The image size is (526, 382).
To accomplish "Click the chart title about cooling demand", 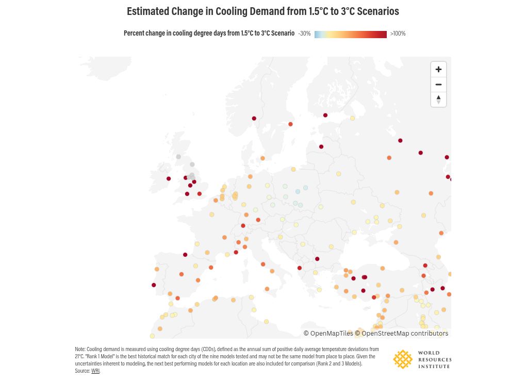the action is (x=262, y=11).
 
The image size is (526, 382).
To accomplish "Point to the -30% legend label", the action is (x=304, y=34).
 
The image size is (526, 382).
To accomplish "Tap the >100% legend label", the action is (x=398, y=34).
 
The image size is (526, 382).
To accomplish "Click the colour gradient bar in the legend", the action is (x=351, y=34).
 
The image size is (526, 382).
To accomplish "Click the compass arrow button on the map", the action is (x=438, y=99).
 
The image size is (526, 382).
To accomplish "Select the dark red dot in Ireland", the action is (x=169, y=179).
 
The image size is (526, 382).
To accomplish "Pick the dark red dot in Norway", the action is (x=254, y=119).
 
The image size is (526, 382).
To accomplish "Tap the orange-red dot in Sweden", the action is (x=290, y=124).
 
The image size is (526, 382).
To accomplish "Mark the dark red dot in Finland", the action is (x=325, y=115).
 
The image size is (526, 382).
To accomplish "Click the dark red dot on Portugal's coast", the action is (x=154, y=285).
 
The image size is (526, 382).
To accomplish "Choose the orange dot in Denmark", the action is (x=262, y=158).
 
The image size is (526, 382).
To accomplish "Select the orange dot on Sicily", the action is (x=267, y=289).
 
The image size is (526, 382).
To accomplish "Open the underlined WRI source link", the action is (x=95, y=371).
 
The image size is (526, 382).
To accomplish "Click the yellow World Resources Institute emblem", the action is (x=403, y=359).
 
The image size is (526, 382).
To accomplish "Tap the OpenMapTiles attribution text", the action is (x=328, y=334).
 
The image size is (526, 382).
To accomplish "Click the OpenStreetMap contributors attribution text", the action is (x=402, y=334).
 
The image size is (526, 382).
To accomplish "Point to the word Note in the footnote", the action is (x=80, y=349).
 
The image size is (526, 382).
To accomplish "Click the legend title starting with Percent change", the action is (x=209, y=33).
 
